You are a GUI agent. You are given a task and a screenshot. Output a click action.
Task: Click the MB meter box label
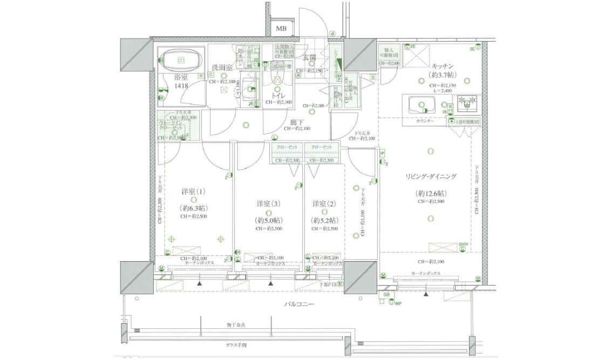(281, 29)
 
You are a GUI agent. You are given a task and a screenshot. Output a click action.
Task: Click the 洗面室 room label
(222, 67)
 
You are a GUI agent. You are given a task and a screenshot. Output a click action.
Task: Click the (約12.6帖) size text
(431, 193)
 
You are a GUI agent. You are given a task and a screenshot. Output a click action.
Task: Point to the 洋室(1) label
(193, 192)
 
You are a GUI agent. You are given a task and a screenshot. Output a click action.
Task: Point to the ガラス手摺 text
(236, 344)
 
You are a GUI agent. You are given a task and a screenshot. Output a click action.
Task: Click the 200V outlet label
(463, 244)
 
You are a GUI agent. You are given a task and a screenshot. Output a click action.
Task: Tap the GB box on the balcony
(386, 295)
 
